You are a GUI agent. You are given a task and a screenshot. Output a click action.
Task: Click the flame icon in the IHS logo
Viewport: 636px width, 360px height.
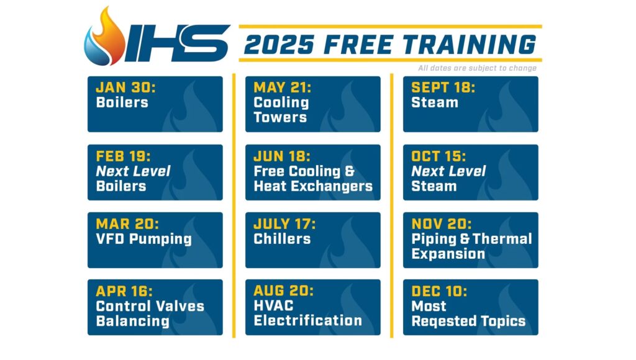104,37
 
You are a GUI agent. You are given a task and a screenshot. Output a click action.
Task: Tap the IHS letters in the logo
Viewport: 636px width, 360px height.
177,43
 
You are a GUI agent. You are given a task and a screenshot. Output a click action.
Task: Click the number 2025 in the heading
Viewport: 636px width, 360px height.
279,44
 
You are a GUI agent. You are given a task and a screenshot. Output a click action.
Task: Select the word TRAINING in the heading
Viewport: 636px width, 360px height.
470,44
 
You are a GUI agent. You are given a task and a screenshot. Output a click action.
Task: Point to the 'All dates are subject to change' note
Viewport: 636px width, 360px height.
478,68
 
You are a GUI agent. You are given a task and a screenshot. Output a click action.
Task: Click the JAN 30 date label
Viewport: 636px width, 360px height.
125,88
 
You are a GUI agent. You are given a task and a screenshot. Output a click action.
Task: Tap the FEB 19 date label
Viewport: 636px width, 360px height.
124,156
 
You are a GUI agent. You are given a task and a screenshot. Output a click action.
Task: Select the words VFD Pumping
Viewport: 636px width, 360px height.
144,239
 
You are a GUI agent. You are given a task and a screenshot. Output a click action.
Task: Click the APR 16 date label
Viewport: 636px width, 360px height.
124,291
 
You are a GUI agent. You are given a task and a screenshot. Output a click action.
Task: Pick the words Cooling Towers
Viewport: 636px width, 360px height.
281,110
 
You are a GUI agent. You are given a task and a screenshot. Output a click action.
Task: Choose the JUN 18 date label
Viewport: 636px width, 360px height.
282,156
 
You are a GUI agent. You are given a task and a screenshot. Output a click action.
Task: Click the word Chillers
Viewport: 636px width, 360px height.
282,239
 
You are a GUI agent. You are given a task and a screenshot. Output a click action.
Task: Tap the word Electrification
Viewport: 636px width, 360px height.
308,320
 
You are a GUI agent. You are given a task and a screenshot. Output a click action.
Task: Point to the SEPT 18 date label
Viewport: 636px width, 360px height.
443,88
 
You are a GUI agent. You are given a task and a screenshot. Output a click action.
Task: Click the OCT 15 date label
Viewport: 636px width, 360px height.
438,156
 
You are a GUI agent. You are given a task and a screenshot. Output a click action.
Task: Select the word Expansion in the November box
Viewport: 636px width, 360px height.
448,254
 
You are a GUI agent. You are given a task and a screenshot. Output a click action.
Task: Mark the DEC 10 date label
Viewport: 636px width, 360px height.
439,291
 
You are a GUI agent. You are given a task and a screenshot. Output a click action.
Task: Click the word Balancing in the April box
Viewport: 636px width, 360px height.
133,322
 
